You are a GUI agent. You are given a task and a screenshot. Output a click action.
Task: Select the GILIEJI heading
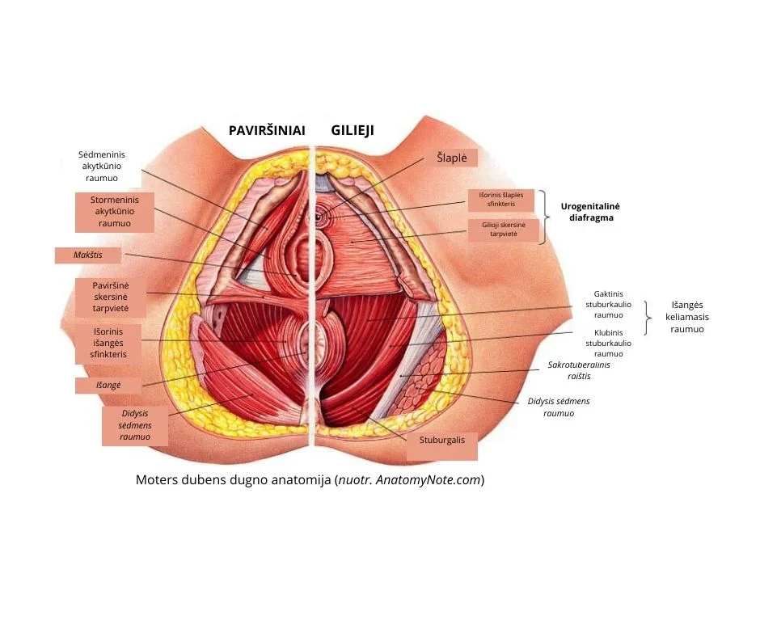(x=353, y=130)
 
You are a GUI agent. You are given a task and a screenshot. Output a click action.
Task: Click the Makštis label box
(x=88, y=255)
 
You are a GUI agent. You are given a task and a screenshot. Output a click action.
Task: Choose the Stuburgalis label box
(x=441, y=441)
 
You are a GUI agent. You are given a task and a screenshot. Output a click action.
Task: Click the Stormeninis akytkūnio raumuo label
(x=114, y=212)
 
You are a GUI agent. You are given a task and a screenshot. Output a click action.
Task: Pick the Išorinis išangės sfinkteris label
(x=109, y=342)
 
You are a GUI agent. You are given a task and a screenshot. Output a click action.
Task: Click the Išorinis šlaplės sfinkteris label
(x=501, y=200)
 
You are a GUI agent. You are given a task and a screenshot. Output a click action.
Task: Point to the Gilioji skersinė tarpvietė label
(x=504, y=230)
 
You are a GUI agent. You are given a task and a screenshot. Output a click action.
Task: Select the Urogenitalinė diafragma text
(x=588, y=212)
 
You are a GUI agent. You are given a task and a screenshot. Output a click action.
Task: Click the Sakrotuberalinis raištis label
(x=579, y=370)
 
